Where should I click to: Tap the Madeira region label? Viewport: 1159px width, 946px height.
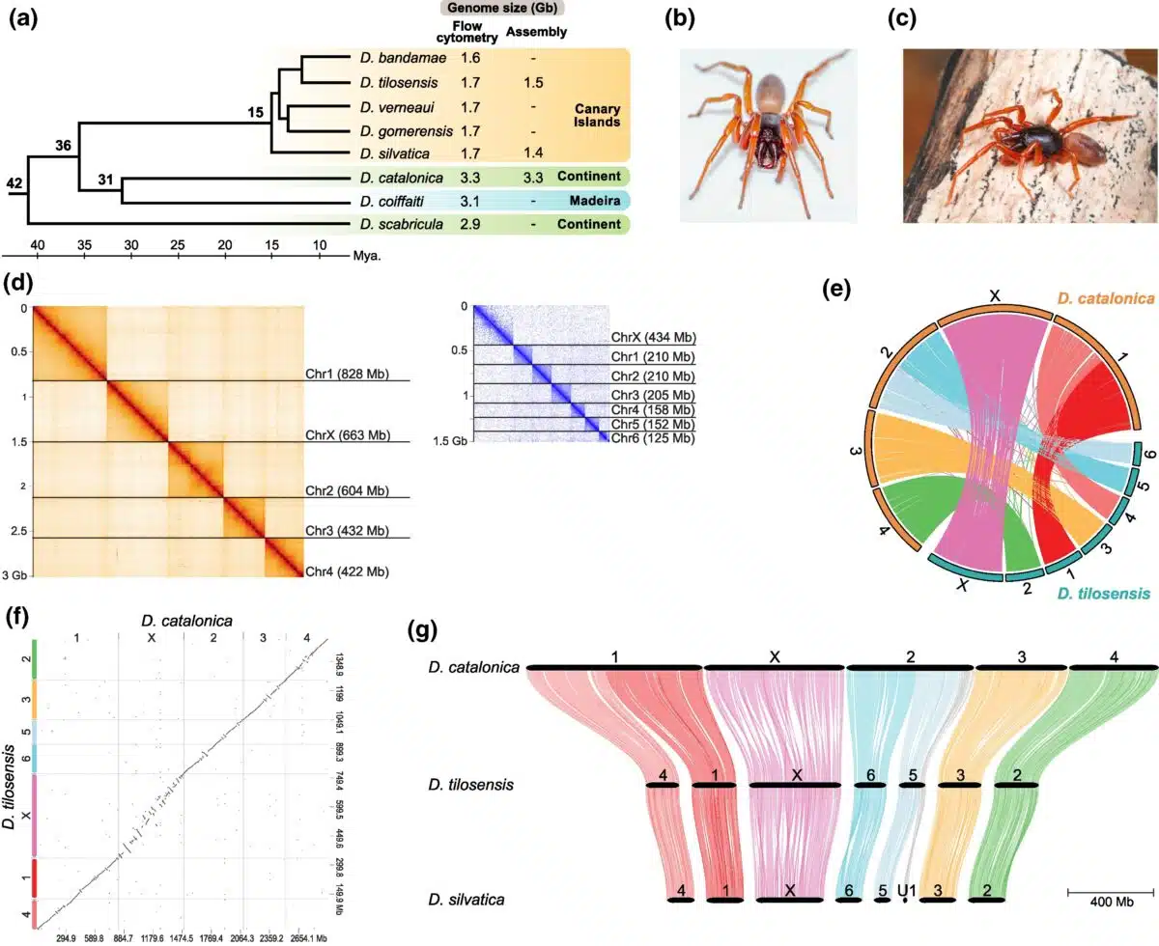coord(595,201)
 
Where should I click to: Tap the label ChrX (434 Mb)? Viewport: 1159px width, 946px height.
coord(654,338)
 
